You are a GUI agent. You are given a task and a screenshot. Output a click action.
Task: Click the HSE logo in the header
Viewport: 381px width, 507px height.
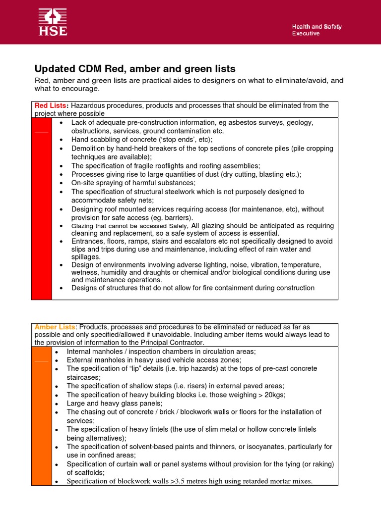(53, 22)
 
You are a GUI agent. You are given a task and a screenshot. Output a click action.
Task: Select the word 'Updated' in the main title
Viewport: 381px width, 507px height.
(54, 69)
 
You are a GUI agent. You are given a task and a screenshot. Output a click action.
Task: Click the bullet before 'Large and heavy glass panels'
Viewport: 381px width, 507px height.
(58, 404)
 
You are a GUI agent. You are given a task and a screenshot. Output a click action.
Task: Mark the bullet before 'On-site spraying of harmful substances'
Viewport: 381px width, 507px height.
(61, 183)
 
